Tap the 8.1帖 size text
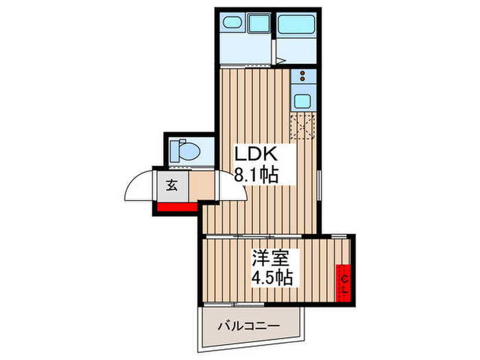(256, 176)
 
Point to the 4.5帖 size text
(273, 278)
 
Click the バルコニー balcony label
(250, 326)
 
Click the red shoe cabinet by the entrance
(176, 206)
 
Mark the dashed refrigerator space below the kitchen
(301, 126)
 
